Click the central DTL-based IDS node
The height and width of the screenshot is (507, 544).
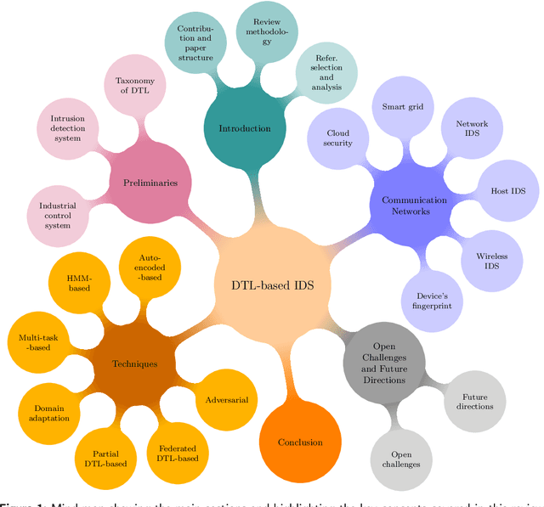(x=272, y=285)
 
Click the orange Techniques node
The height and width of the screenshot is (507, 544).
(x=135, y=364)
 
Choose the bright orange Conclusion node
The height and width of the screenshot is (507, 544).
(x=300, y=442)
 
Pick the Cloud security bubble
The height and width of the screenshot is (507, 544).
(x=338, y=138)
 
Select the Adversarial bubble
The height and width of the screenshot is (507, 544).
(x=227, y=399)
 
